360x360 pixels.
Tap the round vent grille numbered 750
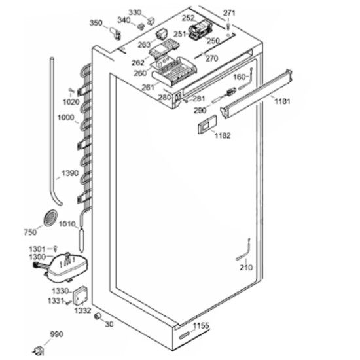tap(50, 218)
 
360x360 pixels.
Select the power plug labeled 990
tap(39, 351)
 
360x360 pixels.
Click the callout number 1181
tap(282, 101)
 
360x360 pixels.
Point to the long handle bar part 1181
tap(256, 93)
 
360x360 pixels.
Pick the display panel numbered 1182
tap(207, 124)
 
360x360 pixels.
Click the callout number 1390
tap(70, 173)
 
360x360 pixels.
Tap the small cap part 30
tap(98, 316)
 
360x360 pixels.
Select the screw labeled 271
tap(228, 26)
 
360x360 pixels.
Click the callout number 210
tap(246, 268)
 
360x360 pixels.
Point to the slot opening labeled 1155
tap(185, 336)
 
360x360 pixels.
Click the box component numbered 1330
tap(80, 295)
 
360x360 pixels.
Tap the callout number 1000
tap(66, 118)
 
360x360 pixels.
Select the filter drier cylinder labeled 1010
tap(82, 240)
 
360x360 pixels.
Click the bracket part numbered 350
tap(116, 33)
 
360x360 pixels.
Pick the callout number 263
tap(144, 45)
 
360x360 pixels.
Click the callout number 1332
tap(82, 311)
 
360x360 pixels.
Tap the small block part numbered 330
tap(151, 21)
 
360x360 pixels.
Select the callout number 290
tap(200, 111)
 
